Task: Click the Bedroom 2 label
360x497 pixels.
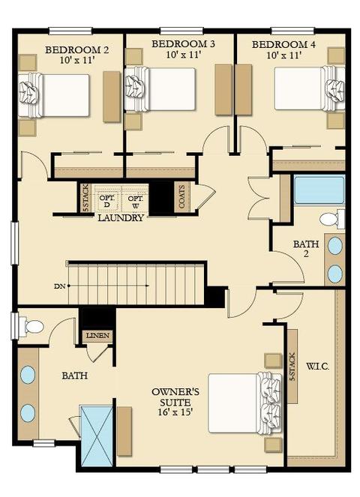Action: (76, 49)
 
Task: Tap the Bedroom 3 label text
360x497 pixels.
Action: (183, 43)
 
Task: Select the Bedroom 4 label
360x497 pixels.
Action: (283, 44)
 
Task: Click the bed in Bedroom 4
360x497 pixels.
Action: (309, 88)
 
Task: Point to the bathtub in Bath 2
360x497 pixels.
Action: (319, 190)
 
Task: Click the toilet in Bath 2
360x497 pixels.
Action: (332, 219)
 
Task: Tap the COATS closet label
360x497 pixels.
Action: (182, 196)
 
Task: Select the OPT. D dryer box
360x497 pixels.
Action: (106, 201)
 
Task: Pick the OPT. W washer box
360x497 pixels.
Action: (135, 202)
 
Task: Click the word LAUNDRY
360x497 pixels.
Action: (121, 217)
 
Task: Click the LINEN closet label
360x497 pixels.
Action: (98, 335)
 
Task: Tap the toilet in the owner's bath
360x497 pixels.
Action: (31, 327)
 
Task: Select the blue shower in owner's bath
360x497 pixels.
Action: (97, 436)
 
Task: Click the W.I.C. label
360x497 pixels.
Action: (317, 367)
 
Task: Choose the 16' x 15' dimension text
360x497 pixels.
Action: (175, 412)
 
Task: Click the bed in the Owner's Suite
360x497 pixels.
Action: (244, 403)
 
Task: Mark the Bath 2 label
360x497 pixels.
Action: (306, 249)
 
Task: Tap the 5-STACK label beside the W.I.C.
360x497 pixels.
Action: (292, 367)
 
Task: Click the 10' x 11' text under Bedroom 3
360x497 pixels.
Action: (183, 55)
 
